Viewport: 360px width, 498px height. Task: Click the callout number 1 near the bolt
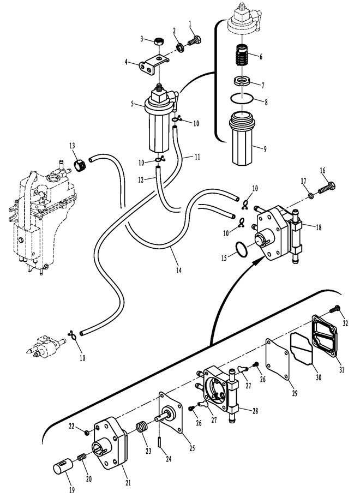190,23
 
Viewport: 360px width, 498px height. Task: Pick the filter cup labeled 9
242,138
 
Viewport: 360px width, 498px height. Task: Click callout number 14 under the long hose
178,271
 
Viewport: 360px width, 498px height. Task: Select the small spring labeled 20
82,457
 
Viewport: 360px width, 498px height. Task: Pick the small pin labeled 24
159,441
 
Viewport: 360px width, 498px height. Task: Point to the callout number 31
341,370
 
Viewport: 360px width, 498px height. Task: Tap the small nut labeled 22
86,431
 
